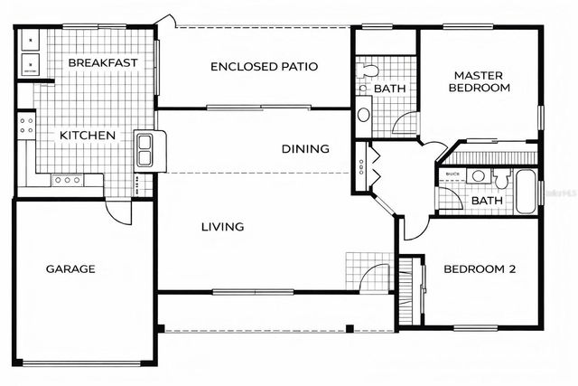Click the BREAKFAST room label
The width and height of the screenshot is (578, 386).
103,63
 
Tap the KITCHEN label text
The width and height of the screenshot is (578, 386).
88,136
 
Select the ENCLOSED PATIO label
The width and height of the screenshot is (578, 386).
254,66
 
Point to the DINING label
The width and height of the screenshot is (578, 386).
304,149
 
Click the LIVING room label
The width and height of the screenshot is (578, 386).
222,227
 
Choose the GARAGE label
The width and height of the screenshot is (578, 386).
70,268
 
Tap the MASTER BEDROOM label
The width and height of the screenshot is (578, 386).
482,81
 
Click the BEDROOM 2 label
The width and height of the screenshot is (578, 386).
479,268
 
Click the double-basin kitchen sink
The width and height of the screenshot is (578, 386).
145,149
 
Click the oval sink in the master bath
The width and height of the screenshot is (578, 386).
363,115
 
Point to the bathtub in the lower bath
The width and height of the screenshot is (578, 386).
527,191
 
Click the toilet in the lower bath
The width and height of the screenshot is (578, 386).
480,175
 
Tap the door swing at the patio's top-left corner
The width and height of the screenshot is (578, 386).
163,20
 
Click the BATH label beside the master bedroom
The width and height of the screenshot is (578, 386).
389,89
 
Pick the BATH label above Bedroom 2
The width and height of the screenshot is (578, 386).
486,201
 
